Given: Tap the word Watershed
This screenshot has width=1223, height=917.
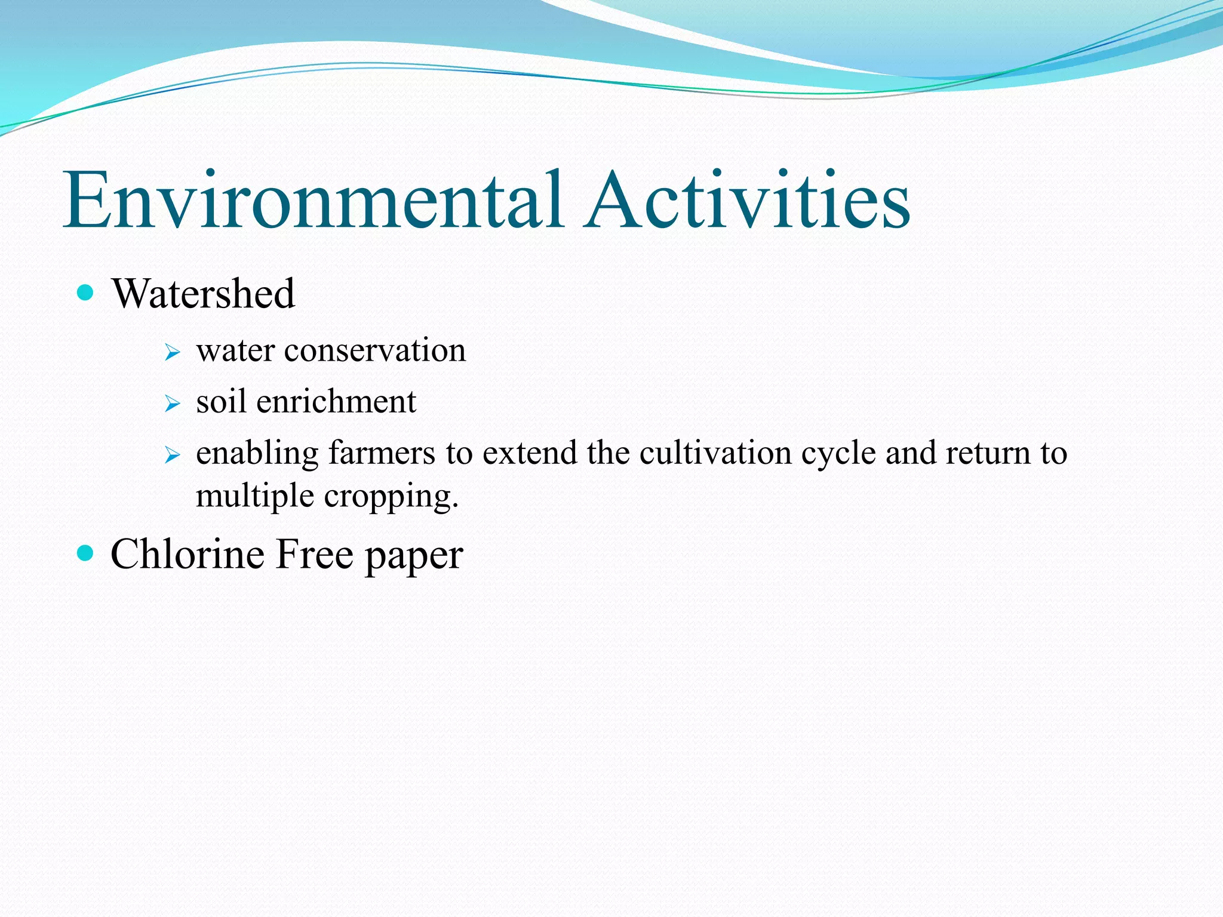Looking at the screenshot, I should pos(203,294).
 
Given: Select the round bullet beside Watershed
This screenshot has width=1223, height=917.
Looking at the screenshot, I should pos(86,293).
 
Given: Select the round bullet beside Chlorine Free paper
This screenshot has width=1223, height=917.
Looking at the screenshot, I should pos(86,553).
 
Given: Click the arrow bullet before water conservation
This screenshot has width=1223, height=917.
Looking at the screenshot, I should pos(173,352).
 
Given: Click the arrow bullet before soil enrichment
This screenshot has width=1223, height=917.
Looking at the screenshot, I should pos(173,404).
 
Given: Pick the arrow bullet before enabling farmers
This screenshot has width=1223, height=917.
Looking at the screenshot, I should pos(173,456).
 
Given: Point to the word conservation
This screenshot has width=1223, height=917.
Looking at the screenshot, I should pos(374,350).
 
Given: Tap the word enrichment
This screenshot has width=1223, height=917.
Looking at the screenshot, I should pos(336,402).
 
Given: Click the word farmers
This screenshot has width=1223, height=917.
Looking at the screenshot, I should pos(382,453).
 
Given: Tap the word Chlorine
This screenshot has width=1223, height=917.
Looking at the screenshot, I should pos(188,554).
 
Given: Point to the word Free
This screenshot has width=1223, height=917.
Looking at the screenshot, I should pos(315,554).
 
